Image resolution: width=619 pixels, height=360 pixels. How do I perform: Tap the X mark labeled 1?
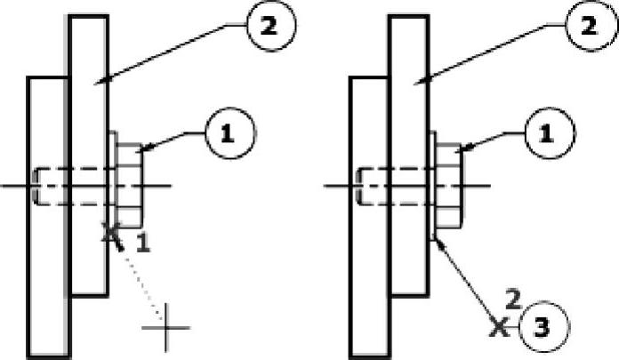pyautogui.click(x=112, y=234)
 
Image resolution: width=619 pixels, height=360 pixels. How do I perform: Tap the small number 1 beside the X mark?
pyautogui.click(x=145, y=243)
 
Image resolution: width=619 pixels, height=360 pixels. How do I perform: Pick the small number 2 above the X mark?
pyautogui.click(x=510, y=297)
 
